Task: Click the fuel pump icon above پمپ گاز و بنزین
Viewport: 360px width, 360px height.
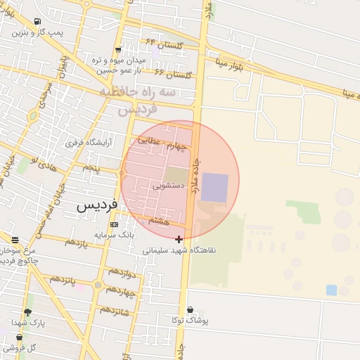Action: [37, 21]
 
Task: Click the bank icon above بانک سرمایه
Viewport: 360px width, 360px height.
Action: [114, 224]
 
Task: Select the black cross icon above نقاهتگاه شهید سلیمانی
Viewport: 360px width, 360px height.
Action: [179, 239]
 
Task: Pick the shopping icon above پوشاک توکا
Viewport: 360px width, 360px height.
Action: [190, 309]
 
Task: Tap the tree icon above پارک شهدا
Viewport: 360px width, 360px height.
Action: [28, 312]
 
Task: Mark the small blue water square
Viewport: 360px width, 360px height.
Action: [331, 290]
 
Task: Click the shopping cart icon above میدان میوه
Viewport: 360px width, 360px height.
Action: [117, 49]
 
